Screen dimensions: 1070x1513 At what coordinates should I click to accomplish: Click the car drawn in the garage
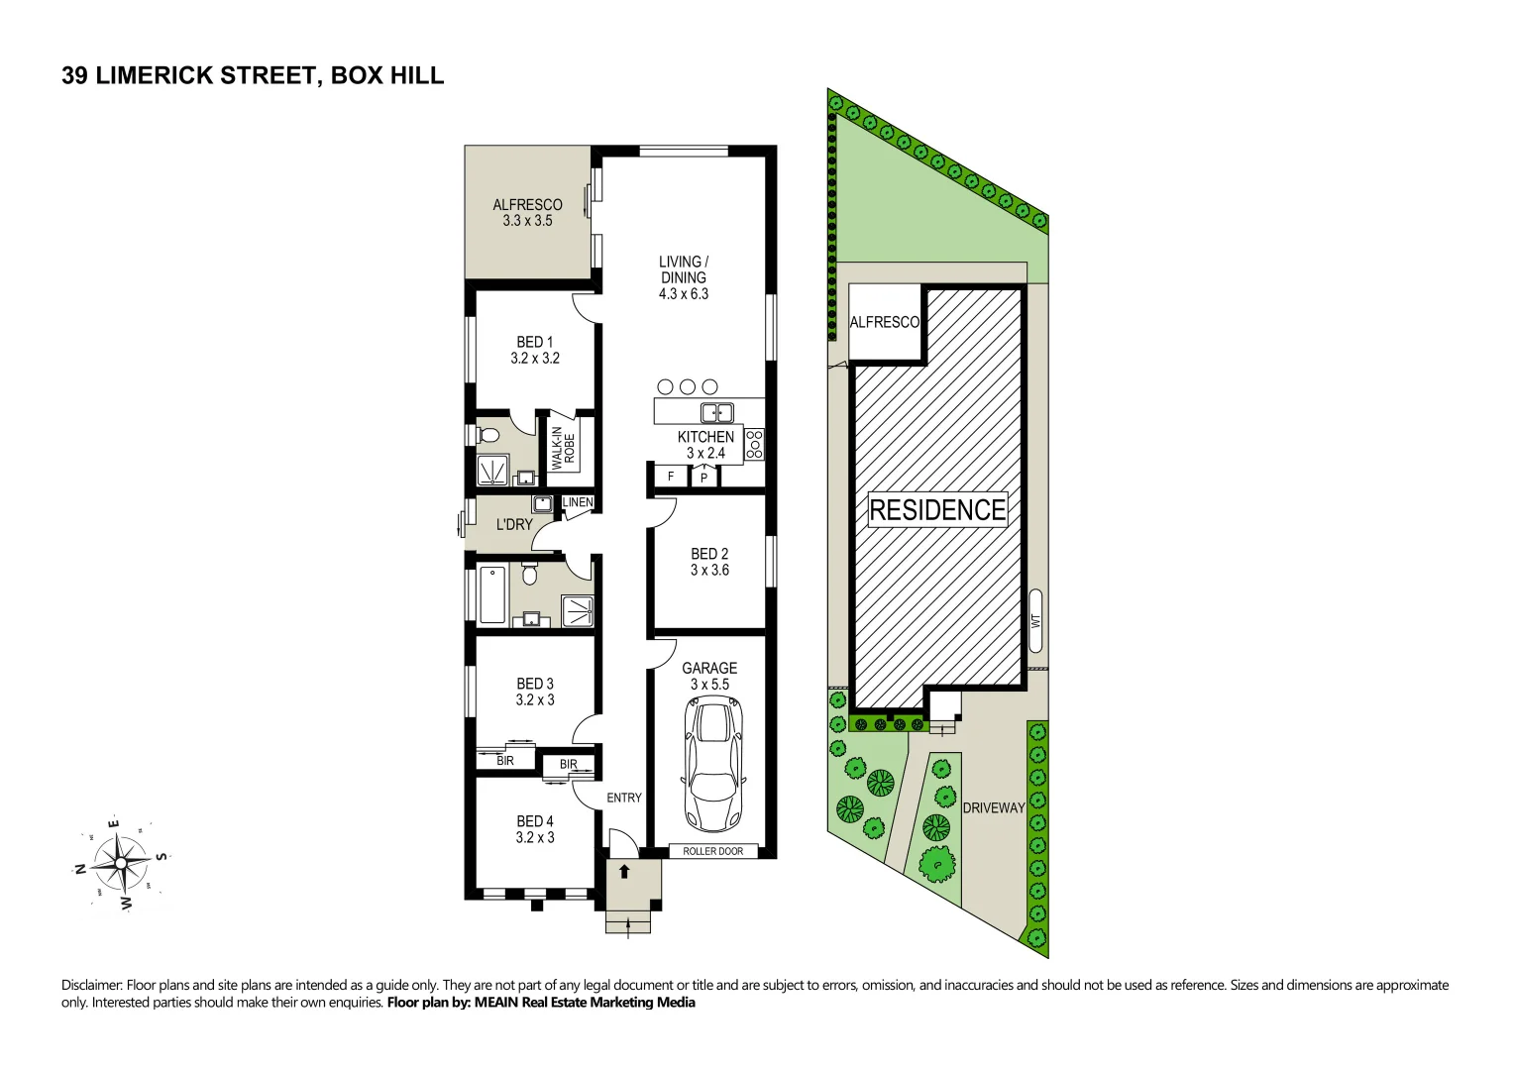click(x=712, y=763)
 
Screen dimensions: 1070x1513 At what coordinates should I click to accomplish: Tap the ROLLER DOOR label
click(x=712, y=851)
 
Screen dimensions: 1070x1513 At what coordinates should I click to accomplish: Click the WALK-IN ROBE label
click(x=562, y=448)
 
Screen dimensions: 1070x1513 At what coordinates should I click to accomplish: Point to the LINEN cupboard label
click(x=578, y=502)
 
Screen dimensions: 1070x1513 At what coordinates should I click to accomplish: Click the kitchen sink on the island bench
click(x=717, y=412)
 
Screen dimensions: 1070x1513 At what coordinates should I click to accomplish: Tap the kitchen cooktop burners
click(x=754, y=445)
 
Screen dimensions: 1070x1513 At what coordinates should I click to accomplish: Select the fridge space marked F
click(x=671, y=477)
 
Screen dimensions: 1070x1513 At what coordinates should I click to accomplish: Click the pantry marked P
click(x=703, y=478)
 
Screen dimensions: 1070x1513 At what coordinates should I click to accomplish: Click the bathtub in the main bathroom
click(x=492, y=594)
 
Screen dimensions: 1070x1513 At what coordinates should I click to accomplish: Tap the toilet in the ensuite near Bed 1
click(x=486, y=435)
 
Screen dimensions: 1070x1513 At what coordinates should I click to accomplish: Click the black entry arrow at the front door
click(x=624, y=872)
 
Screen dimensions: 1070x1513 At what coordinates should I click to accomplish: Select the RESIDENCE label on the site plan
click(x=937, y=509)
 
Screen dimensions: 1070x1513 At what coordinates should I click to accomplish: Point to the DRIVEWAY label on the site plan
click(x=994, y=807)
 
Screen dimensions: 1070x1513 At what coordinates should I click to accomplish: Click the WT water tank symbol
click(x=1035, y=621)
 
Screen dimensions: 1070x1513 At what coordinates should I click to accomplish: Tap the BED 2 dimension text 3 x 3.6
click(x=709, y=570)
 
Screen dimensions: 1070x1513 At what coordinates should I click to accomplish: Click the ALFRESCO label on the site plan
click(x=884, y=322)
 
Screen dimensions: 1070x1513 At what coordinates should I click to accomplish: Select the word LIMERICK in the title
click(x=156, y=76)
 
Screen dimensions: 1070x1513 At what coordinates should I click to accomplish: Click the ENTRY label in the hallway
click(x=624, y=798)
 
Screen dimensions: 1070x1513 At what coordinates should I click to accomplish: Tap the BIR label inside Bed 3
click(x=505, y=761)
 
